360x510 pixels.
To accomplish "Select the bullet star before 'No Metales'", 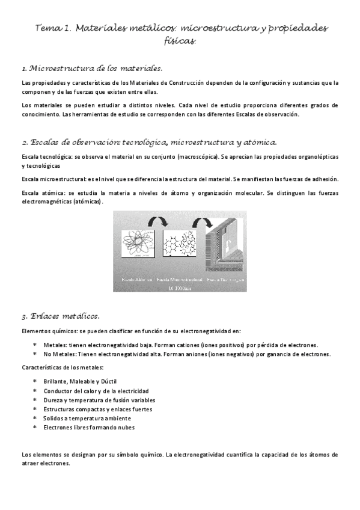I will coord(35,355).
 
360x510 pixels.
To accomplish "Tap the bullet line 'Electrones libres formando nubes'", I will coord(89,427).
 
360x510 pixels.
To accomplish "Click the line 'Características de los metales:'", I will coord(62,367).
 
